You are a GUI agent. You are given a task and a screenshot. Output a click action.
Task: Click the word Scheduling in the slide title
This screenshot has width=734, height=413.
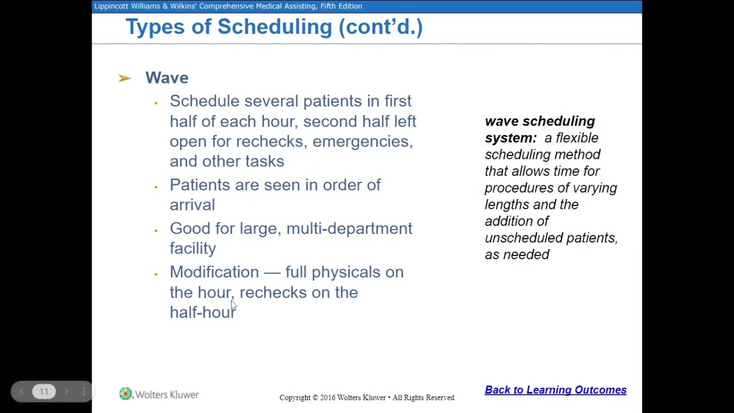[274, 27]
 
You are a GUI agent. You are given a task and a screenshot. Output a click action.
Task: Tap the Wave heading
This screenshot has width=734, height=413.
[166, 78]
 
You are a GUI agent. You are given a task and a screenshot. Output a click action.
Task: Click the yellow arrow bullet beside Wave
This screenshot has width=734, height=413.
[124, 78]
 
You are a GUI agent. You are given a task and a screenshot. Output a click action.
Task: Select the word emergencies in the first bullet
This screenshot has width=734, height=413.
[362, 142]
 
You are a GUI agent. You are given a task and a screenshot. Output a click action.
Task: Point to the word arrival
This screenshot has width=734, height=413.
[192, 205]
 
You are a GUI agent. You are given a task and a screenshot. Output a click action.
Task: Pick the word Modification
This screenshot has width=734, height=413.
[214, 272]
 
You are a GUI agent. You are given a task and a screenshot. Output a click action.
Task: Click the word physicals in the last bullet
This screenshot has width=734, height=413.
[345, 272]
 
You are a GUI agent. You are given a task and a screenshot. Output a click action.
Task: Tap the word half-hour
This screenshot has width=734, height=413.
[202, 313]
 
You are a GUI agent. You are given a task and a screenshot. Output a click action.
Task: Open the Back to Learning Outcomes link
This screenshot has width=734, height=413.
[555, 390]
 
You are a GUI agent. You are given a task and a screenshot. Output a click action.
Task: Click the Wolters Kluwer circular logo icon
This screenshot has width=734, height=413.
[126, 394]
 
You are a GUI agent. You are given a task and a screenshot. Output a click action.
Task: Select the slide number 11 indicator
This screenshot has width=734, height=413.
[44, 392]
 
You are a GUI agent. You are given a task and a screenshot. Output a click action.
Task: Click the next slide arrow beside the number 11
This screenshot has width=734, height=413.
[67, 392]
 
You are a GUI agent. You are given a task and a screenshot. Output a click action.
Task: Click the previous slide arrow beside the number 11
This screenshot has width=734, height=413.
[21, 392]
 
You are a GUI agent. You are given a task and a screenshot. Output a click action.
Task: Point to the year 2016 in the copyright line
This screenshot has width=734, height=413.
[327, 398]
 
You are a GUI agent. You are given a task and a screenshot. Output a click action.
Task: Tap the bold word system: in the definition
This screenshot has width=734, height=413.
[510, 138]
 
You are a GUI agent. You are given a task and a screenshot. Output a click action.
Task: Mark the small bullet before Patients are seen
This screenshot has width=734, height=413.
[156, 186]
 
